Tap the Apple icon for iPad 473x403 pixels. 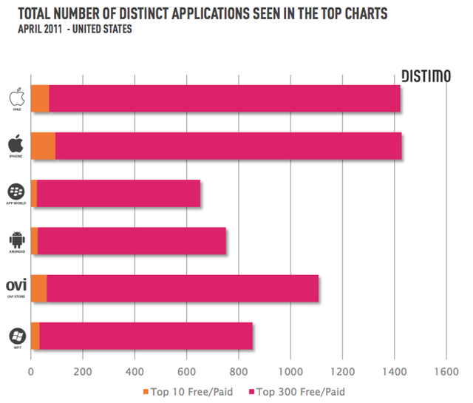[16, 97]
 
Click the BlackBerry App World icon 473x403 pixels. [16, 191]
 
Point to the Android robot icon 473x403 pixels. [16, 238]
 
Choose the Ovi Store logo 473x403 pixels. [16, 285]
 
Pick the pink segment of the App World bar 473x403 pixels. [118, 194]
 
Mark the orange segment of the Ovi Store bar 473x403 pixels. [39, 288]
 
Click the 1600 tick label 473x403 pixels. [446, 372]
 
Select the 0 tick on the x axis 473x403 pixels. [31, 372]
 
